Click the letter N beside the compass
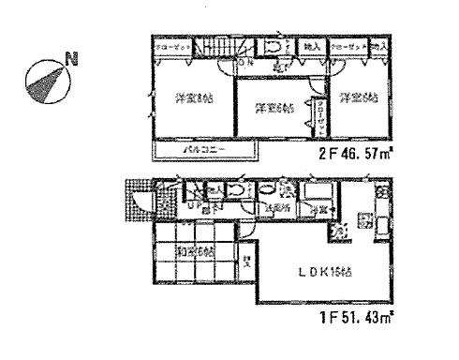(x=71, y=64)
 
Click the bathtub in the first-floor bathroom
(x=318, y=193)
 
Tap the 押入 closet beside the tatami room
(x=246, y=263)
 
